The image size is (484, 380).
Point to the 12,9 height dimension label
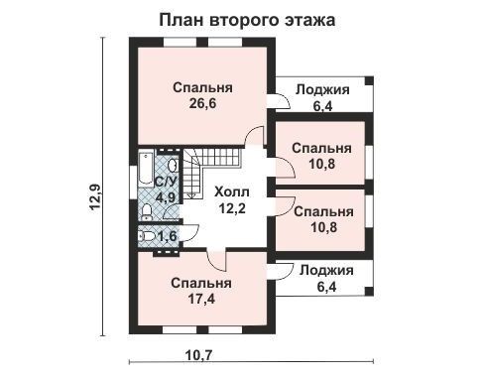[x=95, y=197]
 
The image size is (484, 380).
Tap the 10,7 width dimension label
[x=198, y=355]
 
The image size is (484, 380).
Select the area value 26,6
[x=202, y=103]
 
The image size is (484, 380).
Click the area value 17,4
[x=201, y=299]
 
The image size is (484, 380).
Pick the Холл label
[x=232, y=191]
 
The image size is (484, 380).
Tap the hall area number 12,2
[x=232, y=208]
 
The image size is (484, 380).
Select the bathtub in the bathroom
[x=146, y=169]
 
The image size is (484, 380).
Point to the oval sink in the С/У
[x=173, y=166]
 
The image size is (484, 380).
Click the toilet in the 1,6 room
[x=147, y=236]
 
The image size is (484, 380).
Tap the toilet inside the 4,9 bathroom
[x=146, y=212]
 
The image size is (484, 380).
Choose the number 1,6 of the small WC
[x=168, y=236]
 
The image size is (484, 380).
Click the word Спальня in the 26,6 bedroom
[x=202, y=88]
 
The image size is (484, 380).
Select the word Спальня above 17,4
[x=201, y=284]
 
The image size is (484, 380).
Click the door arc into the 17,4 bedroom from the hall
[x=217, y=260]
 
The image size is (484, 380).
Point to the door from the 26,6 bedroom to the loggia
[x=279, y=101]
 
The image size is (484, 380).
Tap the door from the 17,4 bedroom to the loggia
[x=281, y=271]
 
